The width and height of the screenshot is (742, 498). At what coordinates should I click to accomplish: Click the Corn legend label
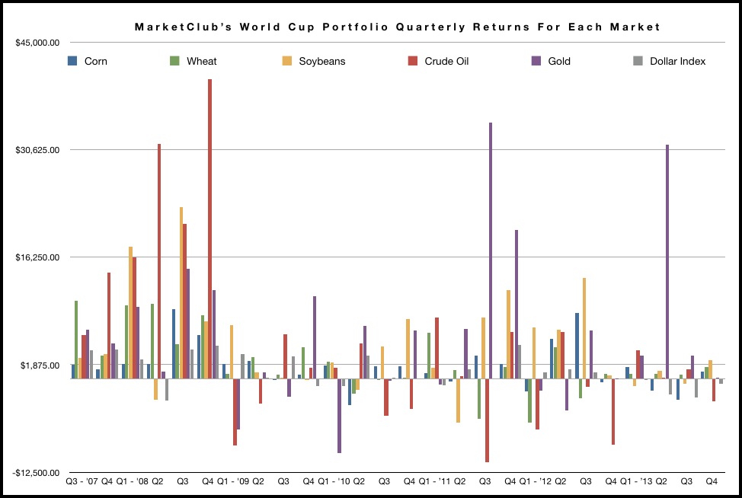click(x=95, y=61)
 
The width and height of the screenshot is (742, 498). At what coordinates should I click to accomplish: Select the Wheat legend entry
click(x=201, y=61)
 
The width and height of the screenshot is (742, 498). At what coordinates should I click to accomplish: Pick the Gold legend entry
click(x=558, y=61)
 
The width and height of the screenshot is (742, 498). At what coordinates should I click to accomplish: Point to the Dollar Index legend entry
click(x=677, y=61)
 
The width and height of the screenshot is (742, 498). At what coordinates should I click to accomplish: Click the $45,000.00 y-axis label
click(x=37, y=43)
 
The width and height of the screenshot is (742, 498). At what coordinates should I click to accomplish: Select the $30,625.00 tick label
click(x=37, y=150)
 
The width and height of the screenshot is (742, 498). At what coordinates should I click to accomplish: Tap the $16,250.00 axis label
click(x=37, y=257)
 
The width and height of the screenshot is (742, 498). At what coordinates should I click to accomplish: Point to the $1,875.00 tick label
click(x=40, y=366)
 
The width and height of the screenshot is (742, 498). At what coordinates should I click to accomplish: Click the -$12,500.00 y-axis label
click(x=37, y=473)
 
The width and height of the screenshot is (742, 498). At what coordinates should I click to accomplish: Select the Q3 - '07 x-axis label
click(x=82, y=482)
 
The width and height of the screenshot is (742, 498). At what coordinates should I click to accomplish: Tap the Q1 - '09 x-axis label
click(x=233, y=482)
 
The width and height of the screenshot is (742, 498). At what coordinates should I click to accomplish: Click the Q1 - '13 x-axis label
click(x=635, y=482)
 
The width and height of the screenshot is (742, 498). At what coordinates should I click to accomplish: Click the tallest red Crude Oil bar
click(x=209, y=228)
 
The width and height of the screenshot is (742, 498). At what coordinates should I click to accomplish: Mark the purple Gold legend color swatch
click(x=536, y=60)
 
